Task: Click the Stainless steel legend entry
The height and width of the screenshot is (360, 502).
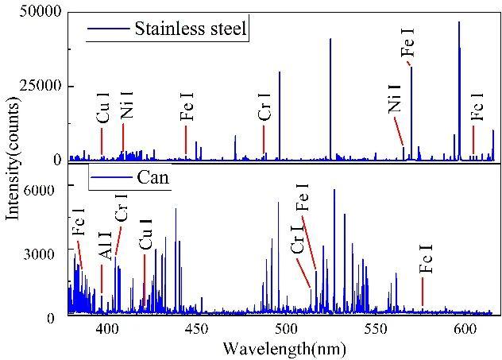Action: [x=191, y=29]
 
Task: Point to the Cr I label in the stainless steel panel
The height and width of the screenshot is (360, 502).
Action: [x=265, y=112]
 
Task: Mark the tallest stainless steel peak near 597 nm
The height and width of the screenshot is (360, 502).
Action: [x=458, y=24]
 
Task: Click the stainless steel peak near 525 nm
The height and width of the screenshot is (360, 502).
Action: [x=330, y=40]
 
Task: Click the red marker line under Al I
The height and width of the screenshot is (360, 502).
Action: [x=102, y=280]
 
